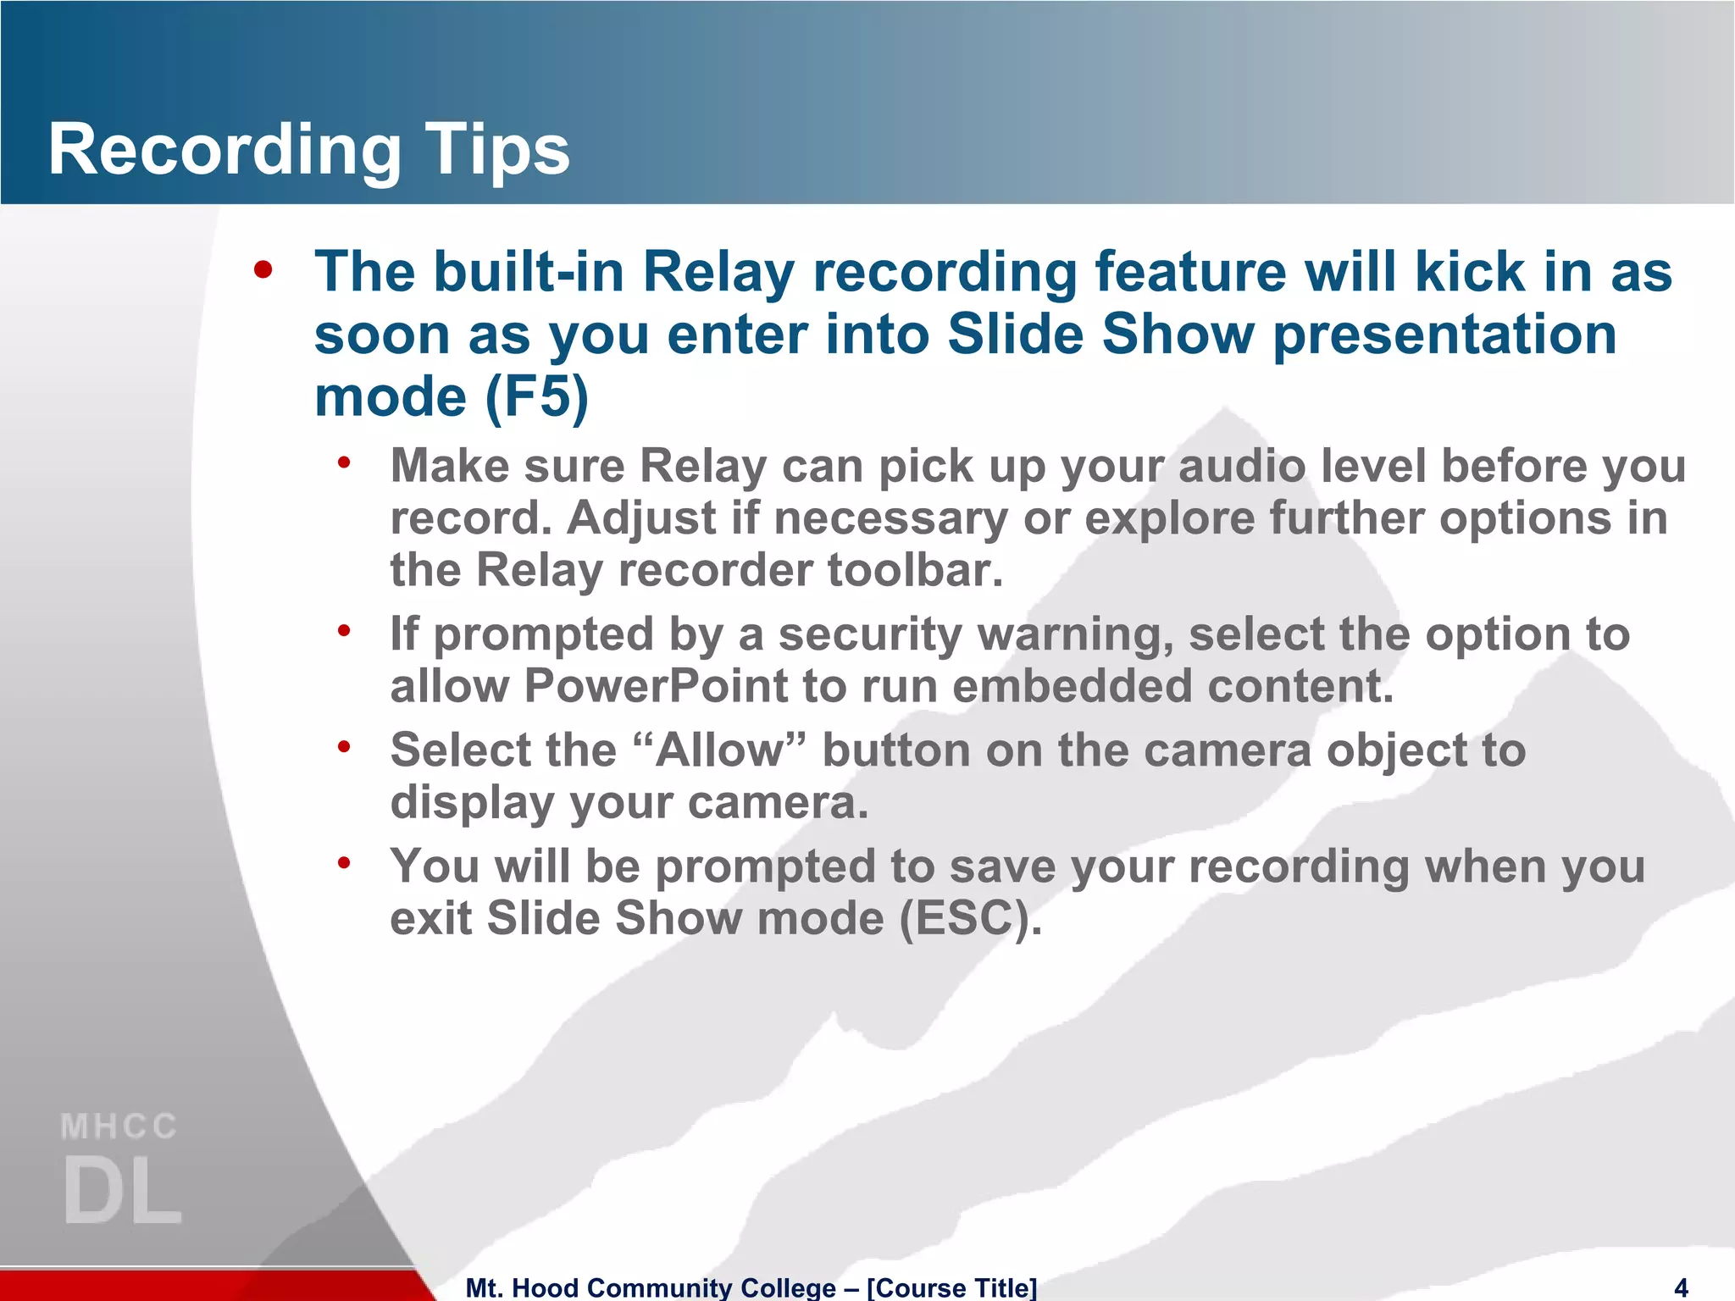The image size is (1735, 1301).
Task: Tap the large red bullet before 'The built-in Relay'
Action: (263, 270)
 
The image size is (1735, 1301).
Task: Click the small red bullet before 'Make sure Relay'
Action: (343, 462)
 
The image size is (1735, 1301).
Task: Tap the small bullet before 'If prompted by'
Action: (343, 630)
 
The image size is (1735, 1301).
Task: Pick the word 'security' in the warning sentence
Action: (870, 634)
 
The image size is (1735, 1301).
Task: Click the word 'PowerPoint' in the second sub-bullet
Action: (656, 686)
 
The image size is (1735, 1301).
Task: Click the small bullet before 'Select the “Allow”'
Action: (343, 746)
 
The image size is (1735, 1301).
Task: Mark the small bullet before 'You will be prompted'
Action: (343, 863)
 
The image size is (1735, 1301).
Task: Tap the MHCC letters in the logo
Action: (119, 1127)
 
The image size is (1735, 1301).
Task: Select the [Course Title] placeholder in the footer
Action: (951, 1287)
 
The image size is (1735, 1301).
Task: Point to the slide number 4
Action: (1682, 1287)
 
